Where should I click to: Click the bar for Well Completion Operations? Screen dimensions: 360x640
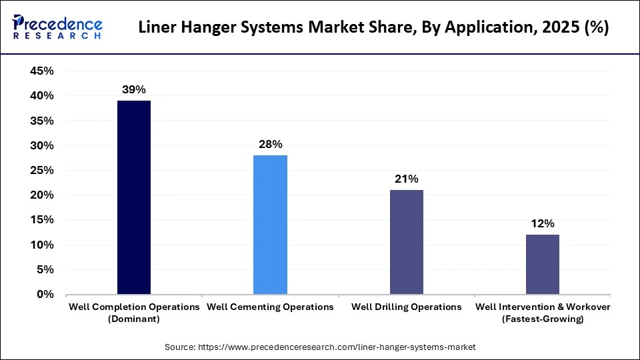click(x=134, y=197)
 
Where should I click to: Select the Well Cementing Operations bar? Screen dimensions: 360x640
click(x=270, y=225)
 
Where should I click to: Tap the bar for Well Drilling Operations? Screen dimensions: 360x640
click(x=406, y=242)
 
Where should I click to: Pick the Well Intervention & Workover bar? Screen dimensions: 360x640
click(x=542, y=265)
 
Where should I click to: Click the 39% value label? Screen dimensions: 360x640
click(x=134, y=89)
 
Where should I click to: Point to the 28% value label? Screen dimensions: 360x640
click(x=270, y=144)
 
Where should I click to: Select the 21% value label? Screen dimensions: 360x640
click(x=406, y=179)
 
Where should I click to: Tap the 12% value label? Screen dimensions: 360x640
click(x=542, y=223)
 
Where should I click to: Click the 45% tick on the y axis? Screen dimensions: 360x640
click(x=42, y=71)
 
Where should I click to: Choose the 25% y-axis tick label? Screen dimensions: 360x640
click(x=42, y=170)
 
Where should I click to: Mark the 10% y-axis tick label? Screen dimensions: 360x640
click(x=42, y=245)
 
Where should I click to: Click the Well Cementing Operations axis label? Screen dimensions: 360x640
click(x=270, y=307)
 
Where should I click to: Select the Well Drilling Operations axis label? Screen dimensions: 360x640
click(x=406, y=307)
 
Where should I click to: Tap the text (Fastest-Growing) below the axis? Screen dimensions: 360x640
click(x=542, y=319)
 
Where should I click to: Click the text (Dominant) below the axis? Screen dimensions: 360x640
click(x=134, y=319)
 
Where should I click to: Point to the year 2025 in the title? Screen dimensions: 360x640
click(x=563, y=29)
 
